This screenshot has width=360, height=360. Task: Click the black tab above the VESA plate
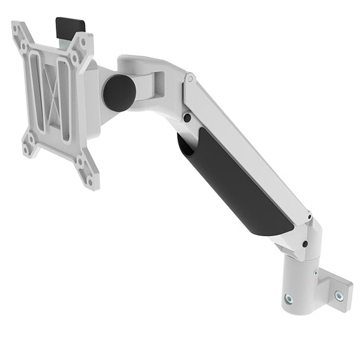pos(70,26)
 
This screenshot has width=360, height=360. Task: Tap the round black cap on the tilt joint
pos(119,92)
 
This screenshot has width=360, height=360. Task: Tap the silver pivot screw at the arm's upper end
pos(189,79)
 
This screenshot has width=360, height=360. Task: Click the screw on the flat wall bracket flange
pos(338,295)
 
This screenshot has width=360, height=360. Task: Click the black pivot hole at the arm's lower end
pos(305,244)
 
